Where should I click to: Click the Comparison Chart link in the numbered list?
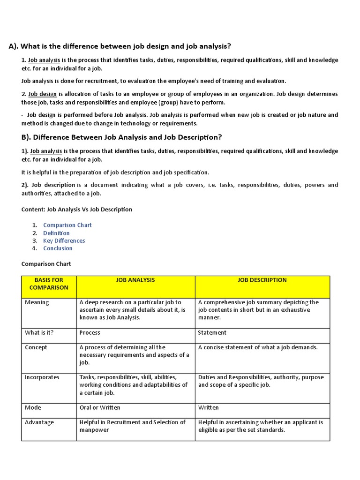click(x=67, y=225)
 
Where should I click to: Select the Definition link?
click(x=56, y=233)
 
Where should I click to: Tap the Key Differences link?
click(x=64, y=240)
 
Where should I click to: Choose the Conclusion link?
click(x=58, y=248)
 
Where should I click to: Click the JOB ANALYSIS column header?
click(x=135, y=280)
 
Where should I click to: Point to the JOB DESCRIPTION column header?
click(x=262, y=280)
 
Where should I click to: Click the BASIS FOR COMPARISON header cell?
click(x=49, y=284)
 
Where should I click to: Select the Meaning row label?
click(x=37, y=302)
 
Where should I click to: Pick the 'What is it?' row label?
click(x=39, y=333)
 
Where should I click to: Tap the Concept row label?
click(x=36, y=348)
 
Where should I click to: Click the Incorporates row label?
click(x=42, y=377)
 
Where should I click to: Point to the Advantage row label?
click(x=39, y=422)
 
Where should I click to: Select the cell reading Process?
click(x=90, y=333)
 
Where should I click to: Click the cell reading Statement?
click(x=212, y=333)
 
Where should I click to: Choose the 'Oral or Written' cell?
click(x=100, y=408)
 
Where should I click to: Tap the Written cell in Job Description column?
click(x=209, y=408)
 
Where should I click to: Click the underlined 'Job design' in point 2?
click(x=42, y=94)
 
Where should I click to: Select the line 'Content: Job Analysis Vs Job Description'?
click(x=77, y=210)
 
